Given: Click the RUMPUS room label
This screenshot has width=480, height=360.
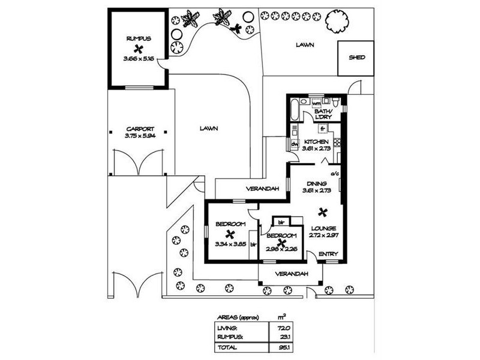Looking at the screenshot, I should (138, 38).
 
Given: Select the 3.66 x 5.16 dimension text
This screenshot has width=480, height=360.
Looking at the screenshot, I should (138, 59).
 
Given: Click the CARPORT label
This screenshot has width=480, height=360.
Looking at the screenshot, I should (140, 128).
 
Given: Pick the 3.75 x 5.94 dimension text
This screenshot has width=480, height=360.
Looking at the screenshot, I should (140, 136).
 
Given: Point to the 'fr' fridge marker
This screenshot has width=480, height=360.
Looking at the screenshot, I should (322, 128).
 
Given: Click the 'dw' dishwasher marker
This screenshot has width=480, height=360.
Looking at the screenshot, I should (295, 144).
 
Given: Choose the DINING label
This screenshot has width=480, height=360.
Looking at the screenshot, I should (316, 184).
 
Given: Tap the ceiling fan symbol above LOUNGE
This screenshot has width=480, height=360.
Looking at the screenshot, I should (323, 211).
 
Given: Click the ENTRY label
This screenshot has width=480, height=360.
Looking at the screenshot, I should (328, 254).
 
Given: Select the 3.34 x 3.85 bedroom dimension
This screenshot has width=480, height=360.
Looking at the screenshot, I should (230, 244).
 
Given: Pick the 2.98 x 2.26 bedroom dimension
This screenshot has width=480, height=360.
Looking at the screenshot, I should (281, 244).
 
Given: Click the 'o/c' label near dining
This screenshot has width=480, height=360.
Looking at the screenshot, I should (335, 174).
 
